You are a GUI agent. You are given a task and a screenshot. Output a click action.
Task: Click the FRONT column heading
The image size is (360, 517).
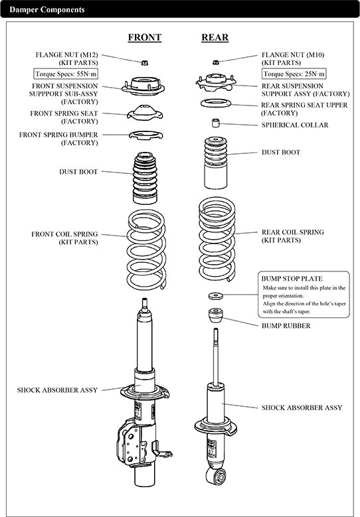click(145, 37)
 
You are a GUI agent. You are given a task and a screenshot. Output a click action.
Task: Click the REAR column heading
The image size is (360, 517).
click(215, 37)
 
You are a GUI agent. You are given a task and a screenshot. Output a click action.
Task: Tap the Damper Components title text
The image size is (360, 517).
click(47, 9)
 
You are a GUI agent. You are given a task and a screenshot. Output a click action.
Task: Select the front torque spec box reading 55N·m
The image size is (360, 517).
click(66, 74)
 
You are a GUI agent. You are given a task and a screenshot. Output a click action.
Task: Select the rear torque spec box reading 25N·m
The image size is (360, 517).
click(294, 74)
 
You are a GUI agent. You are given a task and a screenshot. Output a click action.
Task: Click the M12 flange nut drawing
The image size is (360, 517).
click(144, 62)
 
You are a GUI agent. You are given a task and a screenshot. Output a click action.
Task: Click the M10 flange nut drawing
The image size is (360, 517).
click(215, 62)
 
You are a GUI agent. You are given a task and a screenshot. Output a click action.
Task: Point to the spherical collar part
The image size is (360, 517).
click(215, 123)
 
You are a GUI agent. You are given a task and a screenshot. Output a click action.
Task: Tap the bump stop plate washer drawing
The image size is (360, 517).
click(215, 295)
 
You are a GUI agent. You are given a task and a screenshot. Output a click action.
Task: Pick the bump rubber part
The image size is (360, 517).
click(215, 316)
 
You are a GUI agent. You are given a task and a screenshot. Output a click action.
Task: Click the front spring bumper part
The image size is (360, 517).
click(145, 135)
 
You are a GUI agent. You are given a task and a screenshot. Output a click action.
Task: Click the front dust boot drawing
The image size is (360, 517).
click(145, 178)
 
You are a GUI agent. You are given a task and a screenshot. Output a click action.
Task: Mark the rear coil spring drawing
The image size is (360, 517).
click(217, 239)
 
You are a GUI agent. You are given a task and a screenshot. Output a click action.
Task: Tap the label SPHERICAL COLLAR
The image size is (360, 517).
click(295, 125)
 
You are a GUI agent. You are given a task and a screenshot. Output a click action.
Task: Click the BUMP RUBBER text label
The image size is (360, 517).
click(286, 326)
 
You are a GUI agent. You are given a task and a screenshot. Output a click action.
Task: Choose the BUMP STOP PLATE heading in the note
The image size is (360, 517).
click(292, 278)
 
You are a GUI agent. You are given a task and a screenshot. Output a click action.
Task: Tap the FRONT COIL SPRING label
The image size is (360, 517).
click(64, 234)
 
